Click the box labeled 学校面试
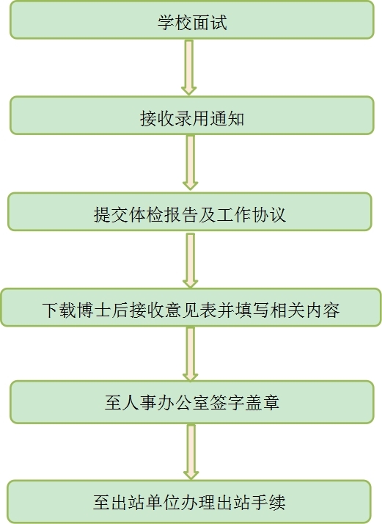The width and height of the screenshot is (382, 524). pyautogui.click(x=191, y=20)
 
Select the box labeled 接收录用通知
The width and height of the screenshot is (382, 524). pyautogui.click(x=191, y=116)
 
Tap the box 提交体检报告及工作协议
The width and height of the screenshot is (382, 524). pyautogui.click(x=190, y=211)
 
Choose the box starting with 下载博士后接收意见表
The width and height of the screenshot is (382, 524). pyautogui.click(x=191, y=308)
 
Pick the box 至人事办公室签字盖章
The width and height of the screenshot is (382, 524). pyautogui.click(x=191, y=402)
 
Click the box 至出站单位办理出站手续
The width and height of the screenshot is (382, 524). pyautogui.click(x=189, y=501)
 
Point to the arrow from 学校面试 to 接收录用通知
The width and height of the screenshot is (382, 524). pyautogui.click(x=189, y=68)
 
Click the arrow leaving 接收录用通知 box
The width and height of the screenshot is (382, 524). pyautogui.click(x=191, y=163)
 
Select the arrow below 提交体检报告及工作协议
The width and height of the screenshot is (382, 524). pyautogui.click(x=191, y=261)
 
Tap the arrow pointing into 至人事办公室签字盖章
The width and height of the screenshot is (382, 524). pyautogui.click(x=191, y=354)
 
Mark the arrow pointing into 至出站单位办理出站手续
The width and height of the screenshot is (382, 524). pyautogui.click(x=191, y=452)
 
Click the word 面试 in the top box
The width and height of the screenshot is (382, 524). pyautogui.click(x=210, y=23)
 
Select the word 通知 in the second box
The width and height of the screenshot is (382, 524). pyautogui.click(x=227, y=119)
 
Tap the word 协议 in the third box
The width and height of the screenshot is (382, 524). pyautogui.click(x=269, y=214)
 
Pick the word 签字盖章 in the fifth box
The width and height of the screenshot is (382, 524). pyautogui.click(x=245, y=402)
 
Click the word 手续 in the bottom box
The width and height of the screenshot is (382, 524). pyautogui.click(x=268, y=502)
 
